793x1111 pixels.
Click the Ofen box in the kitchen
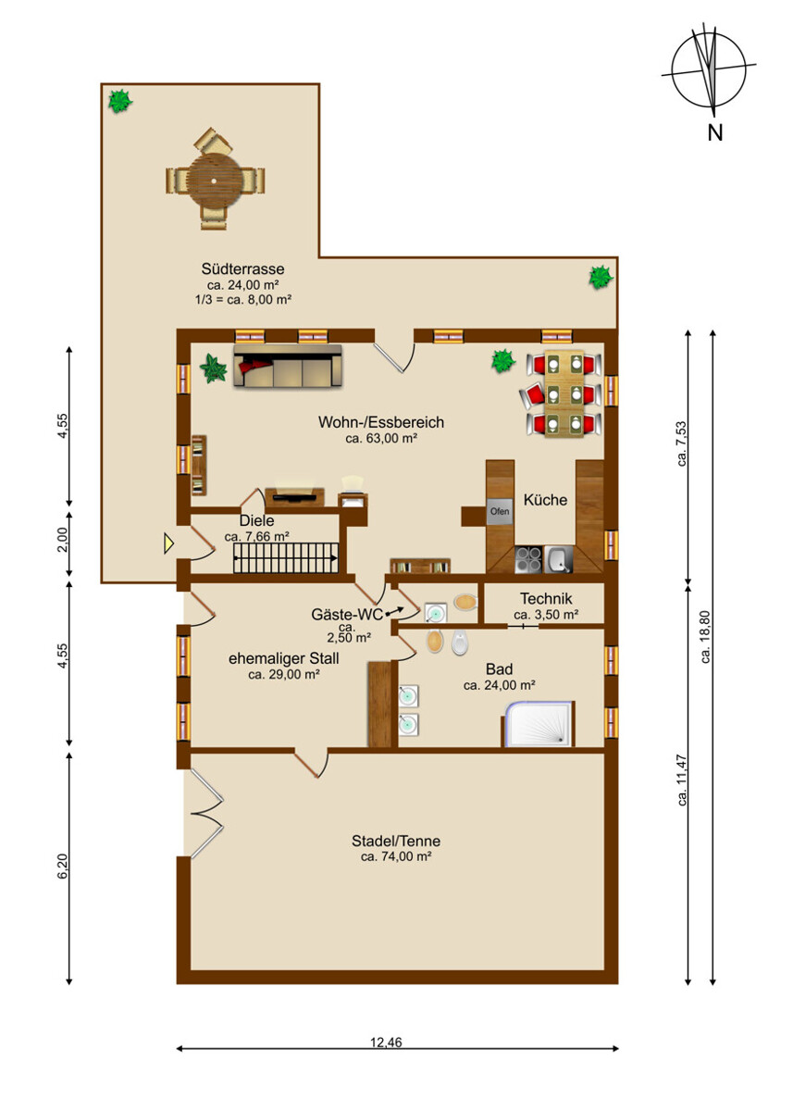499,511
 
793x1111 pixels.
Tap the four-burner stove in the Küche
528,559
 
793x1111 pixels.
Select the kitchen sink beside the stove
559,559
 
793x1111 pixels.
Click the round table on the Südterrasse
214,181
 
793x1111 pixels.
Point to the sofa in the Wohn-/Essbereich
288,366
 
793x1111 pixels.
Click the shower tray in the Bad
539,724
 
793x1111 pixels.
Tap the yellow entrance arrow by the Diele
169,543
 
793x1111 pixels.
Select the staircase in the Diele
286,558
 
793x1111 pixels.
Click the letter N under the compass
714,132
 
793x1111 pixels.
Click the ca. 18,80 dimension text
705,637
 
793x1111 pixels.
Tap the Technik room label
546,599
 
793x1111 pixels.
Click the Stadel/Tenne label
396,841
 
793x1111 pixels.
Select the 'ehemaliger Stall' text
283,658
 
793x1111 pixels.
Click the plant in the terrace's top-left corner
120,101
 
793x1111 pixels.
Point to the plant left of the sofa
213,368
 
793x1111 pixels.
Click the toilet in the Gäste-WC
465,602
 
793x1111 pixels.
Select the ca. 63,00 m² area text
381,439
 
